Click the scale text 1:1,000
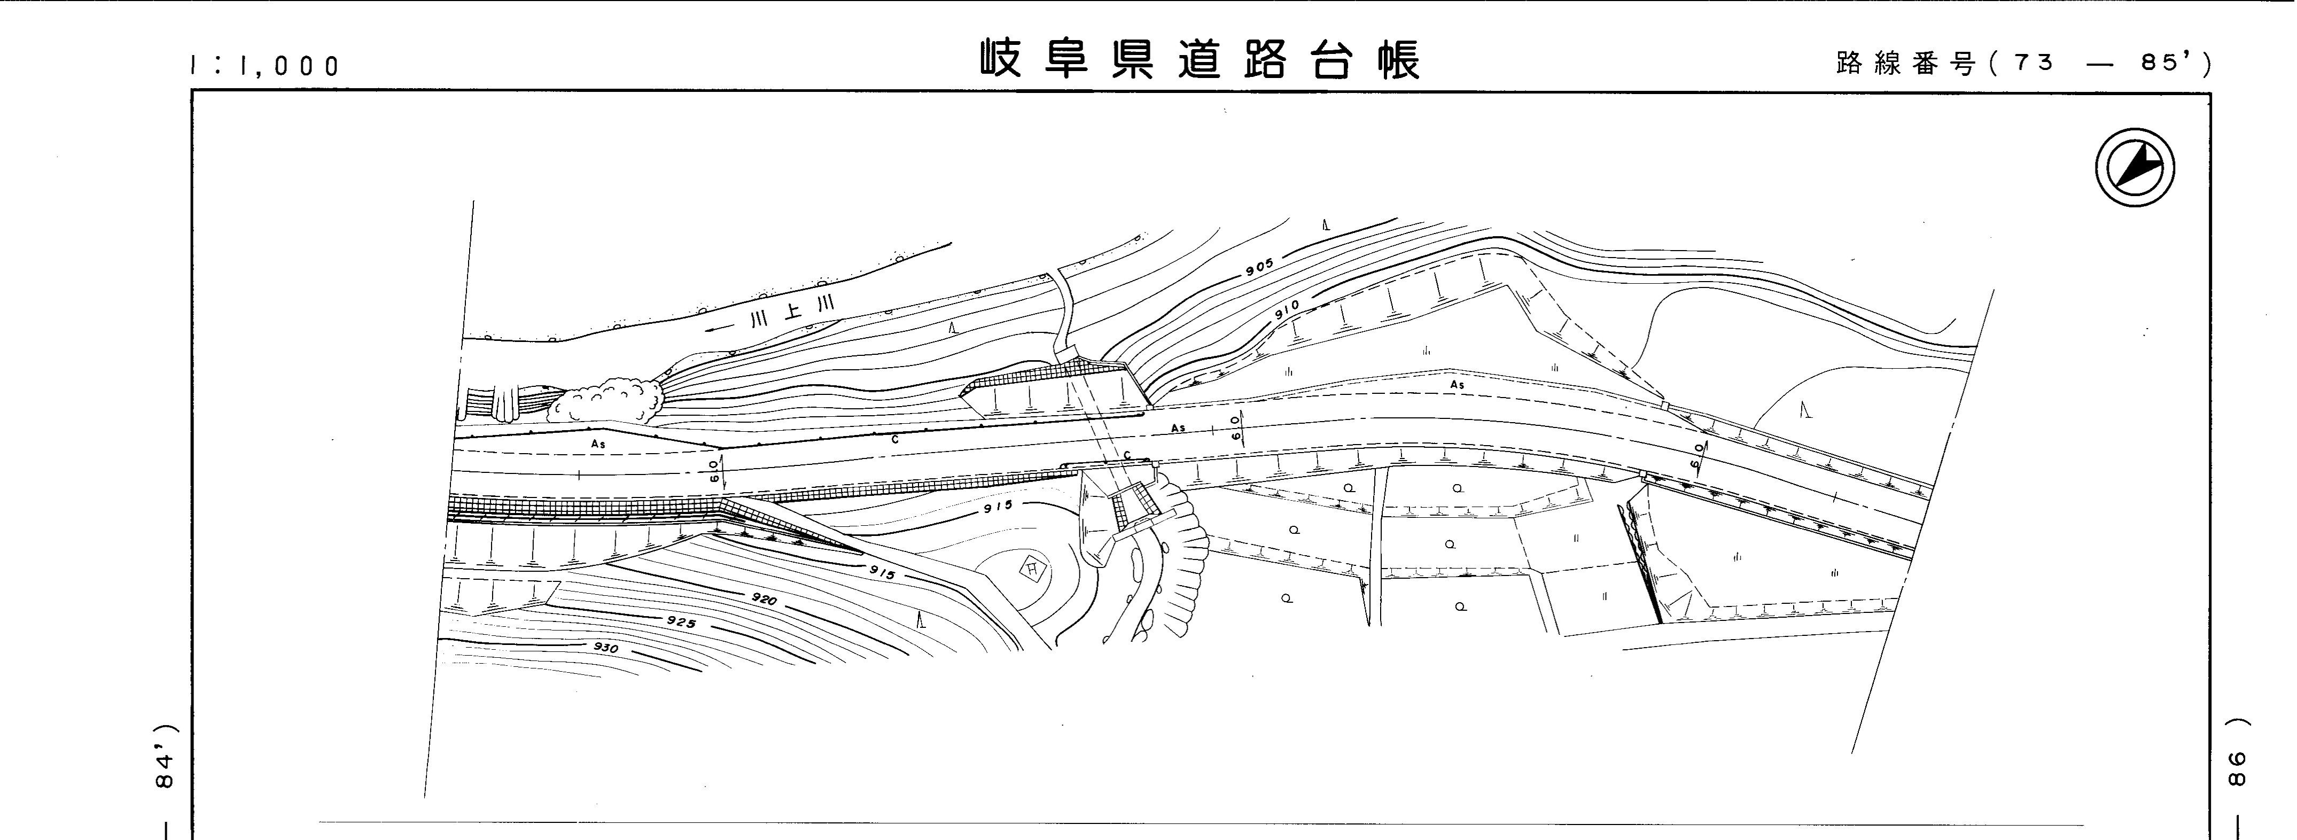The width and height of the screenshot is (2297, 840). tap(265, 66)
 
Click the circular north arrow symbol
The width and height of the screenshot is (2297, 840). tap(2135, 168)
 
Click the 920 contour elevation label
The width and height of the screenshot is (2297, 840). tap(764, 599)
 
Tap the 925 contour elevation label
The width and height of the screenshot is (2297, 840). tap(680, 621)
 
